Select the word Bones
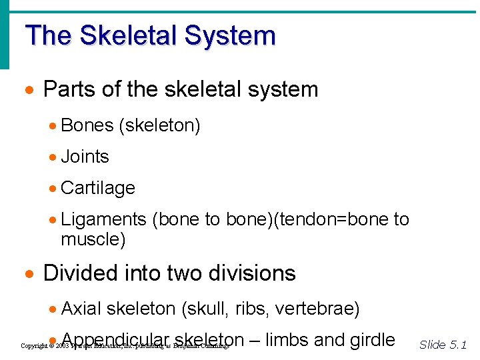click(87, 125)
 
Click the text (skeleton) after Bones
click(159, 125)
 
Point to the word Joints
click(85, 157)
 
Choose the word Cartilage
click(98, 188)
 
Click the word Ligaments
click(103, 219)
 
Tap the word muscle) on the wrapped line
click(93, 239)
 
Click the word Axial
click(81, 309)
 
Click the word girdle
click(372, 340)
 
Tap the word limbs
click(287, 340)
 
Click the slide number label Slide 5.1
click(443, 345)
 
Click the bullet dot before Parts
click(29, 90)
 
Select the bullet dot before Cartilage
click(53, 189)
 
